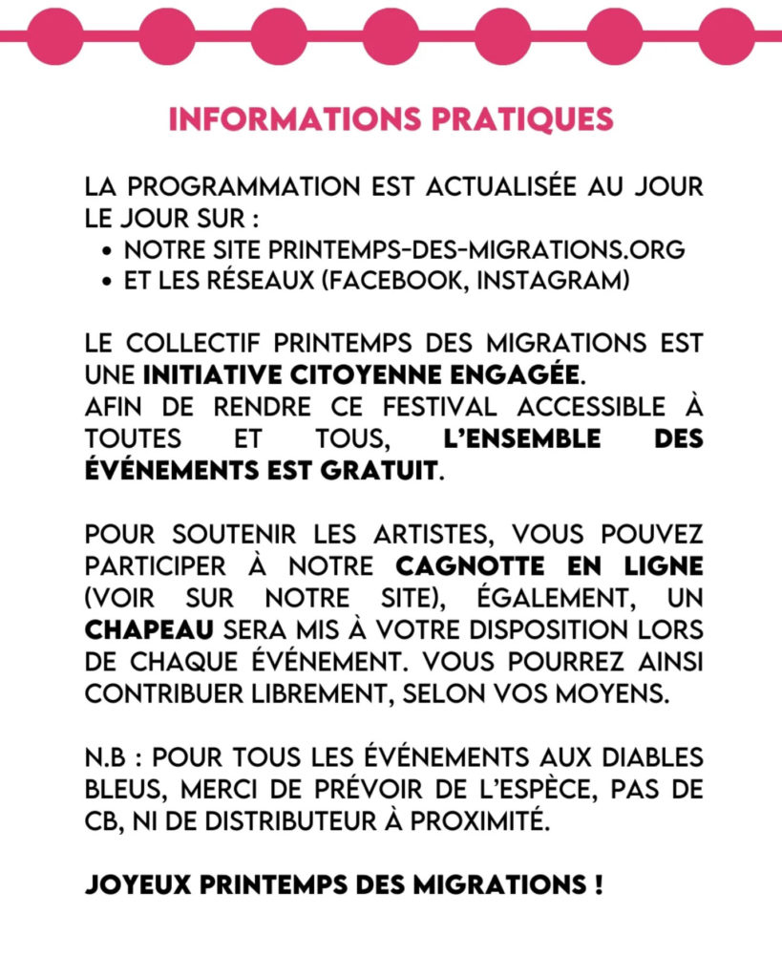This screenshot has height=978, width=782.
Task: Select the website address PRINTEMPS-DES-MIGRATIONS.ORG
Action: click(476, 250)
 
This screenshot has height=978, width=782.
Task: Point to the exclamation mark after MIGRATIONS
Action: click(597, 883)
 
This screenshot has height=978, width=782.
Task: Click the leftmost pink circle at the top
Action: click(54, 35)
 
